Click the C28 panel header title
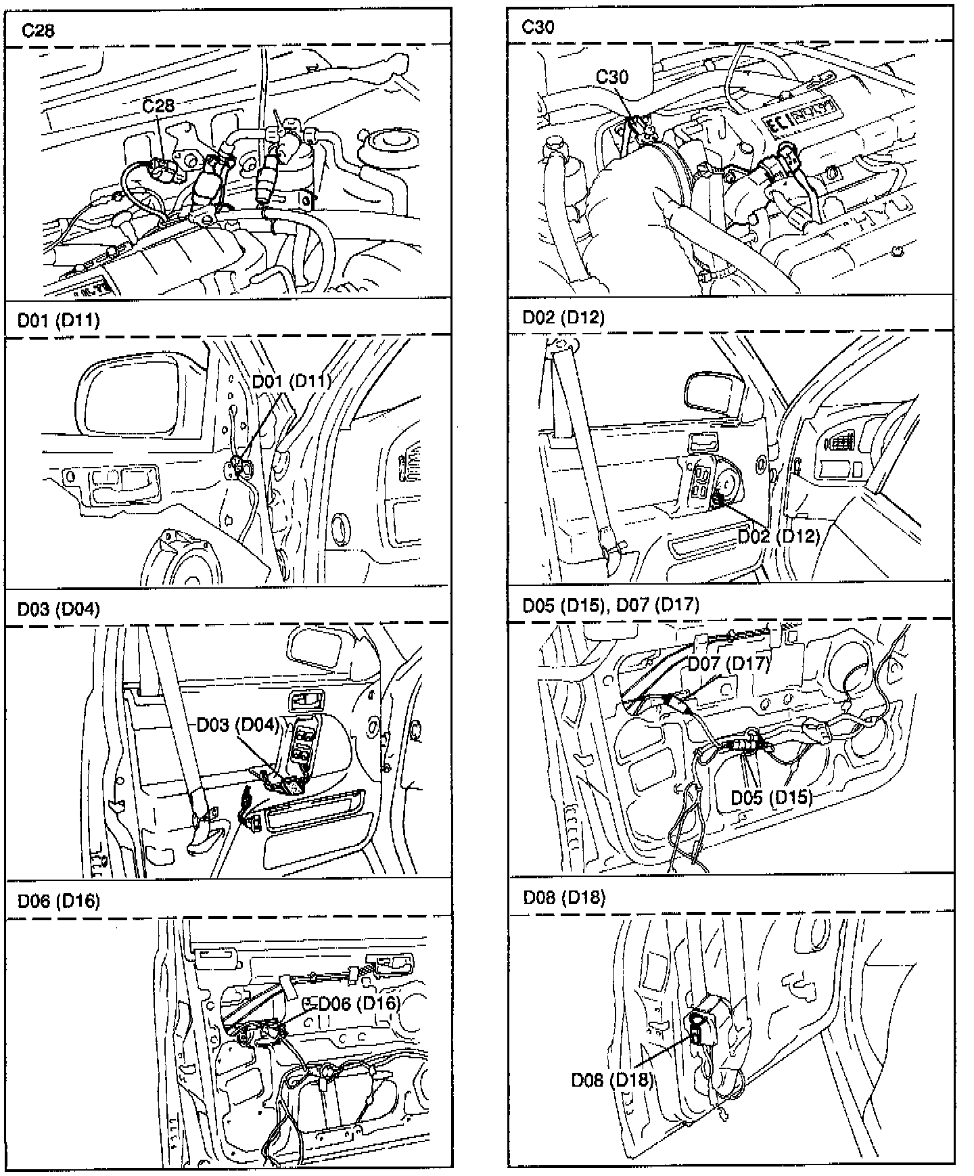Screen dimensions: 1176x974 [38, 30]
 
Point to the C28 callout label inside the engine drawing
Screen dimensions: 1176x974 [158, 106]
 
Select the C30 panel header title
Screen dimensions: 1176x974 [538, 26]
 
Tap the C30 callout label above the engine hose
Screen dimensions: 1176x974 [612, 76]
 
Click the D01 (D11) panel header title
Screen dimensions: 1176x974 [58, 319]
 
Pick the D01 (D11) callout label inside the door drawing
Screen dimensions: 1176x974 [292, 381]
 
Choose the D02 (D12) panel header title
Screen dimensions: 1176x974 [563, 317]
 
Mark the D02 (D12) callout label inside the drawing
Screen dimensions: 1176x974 [779, 537]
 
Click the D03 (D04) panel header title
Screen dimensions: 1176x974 [58, 609]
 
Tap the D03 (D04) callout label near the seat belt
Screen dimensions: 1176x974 [238, 725]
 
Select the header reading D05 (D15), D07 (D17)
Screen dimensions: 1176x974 [611, 604]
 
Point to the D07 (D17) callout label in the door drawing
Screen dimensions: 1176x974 [728, 664]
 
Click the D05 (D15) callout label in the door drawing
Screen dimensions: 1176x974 [771, 796]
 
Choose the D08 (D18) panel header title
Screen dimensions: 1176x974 [564, 898]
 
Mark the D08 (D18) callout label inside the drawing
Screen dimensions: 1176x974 [612, 1080]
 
